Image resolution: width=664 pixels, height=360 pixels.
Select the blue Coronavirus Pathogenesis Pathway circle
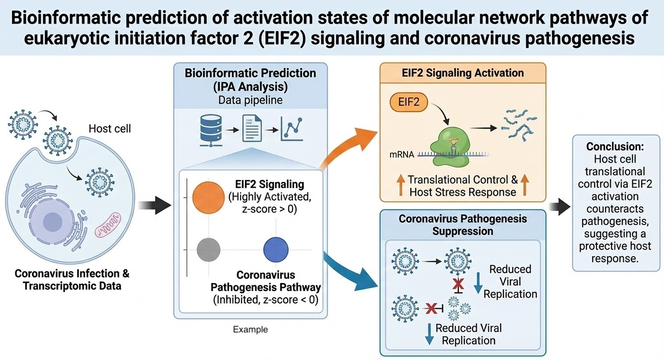click(276, 249)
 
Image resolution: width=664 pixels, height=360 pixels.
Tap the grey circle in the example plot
click(209, 249)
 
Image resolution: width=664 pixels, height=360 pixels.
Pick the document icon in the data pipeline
click(252, 127)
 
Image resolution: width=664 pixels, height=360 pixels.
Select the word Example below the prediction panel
click(250, 329)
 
